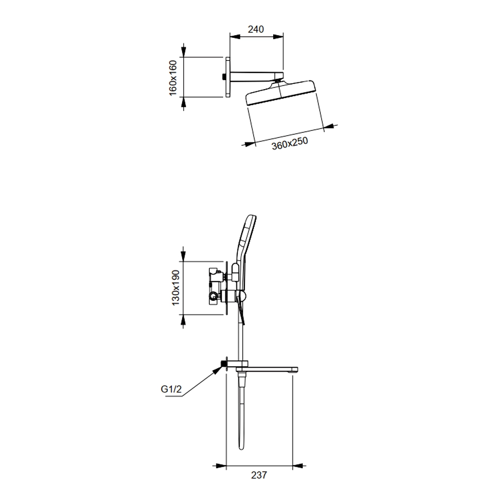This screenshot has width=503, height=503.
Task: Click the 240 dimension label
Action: coord(256,29)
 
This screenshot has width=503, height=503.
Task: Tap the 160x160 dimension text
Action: coord(173,77)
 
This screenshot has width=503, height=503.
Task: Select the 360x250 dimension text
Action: coord(290,143)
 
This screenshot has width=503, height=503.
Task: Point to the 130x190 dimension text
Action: coord(176,287)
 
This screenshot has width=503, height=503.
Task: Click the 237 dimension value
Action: coord(259,475)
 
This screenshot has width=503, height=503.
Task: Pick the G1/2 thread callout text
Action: coord(171,389)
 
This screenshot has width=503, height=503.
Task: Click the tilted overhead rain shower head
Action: coord(281,93)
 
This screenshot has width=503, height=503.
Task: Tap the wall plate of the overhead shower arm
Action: coord(228,77)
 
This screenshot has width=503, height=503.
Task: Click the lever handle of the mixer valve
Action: coord(240,309)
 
